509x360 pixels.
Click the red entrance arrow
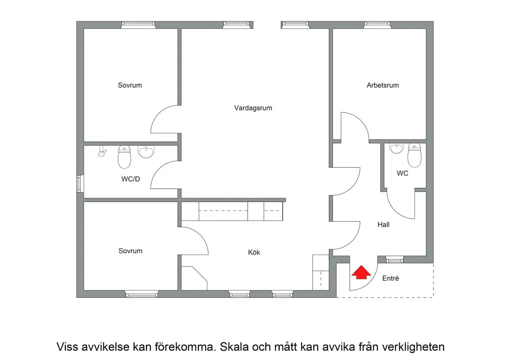[x=360, y=273]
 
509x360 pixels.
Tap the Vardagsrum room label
[x=253, y=108]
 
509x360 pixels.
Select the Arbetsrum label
[x=383, y=85]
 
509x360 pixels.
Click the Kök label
[x=254, y=253]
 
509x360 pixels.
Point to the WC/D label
[x=131, y=179]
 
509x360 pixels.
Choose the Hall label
[x=383, y=225]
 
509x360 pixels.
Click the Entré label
[x=391, y=279]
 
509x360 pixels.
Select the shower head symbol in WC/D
[x=102, y=152]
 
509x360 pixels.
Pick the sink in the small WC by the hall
[x=397, y=149]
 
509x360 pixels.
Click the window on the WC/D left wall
[x=78, y=184]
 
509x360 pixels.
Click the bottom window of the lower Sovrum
[x=142, y=293]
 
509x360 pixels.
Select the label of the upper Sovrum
[x=130, y=85]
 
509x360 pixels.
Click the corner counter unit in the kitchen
[x=194, y=276]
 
